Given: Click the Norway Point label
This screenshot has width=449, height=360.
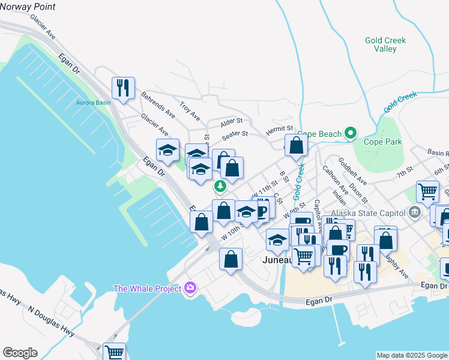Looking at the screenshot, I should (28, 7).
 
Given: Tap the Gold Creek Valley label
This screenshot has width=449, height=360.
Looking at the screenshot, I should (385, 44).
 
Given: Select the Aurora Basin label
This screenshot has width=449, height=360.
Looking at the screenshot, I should (93, 103).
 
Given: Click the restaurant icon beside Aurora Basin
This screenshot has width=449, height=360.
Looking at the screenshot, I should (123, 88).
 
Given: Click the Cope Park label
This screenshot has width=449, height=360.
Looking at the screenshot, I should (383, 142).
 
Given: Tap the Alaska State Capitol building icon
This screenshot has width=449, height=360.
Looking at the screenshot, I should (414, 212).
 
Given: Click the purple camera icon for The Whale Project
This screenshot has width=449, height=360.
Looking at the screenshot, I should (190, 289).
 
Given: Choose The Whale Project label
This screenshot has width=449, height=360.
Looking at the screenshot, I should (148, 289).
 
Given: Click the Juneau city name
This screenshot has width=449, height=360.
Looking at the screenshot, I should (277, 260).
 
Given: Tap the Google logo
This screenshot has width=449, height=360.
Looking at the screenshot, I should (20, 353).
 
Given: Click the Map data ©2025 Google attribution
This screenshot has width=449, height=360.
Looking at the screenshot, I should (412, 355).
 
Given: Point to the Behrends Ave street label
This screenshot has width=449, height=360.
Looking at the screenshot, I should (158, 104).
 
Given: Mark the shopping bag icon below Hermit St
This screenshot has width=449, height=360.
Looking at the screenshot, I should (297, 145).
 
